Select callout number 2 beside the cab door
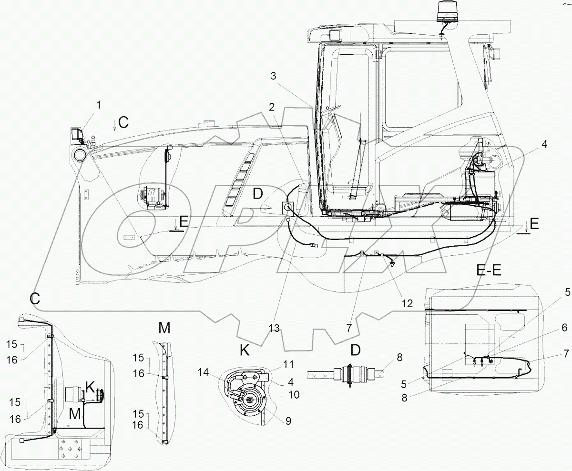[271, 107]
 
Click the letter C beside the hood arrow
[123, 122]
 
